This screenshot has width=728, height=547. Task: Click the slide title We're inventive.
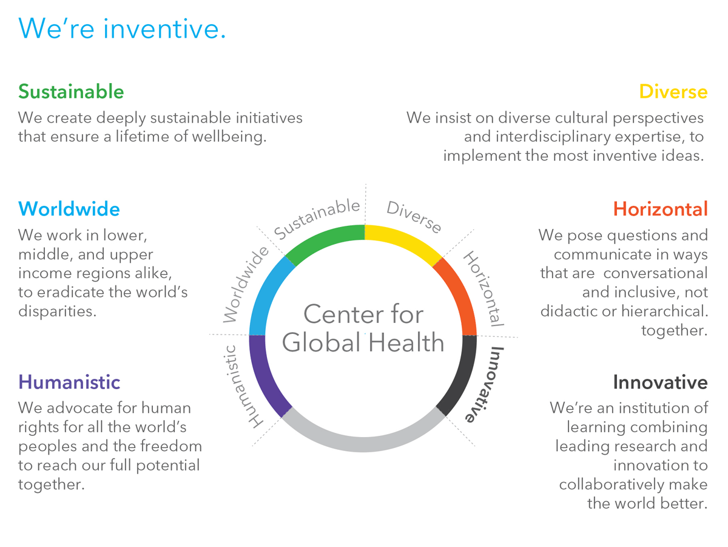coord(122,29)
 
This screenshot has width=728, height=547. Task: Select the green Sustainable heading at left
coord(71,92)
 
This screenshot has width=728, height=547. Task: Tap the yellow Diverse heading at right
coord(673,92)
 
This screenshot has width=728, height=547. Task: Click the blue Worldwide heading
coord(69,209)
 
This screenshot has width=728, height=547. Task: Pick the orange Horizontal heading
coord(660,209)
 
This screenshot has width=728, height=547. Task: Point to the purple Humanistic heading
coord(69,382)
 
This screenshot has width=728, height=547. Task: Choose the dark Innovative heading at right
coord(659,382)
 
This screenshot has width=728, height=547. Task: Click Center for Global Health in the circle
coord(363,328)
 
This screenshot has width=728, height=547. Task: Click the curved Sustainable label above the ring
coord(317,219)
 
